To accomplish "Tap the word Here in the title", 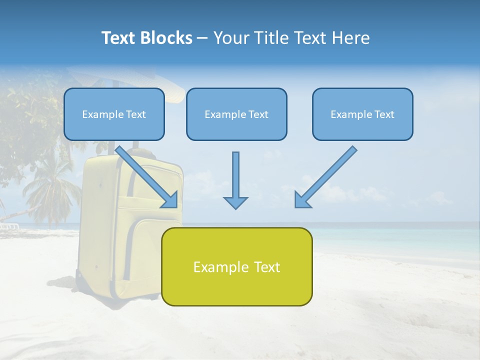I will [351, 38].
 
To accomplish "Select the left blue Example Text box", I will [114, 114].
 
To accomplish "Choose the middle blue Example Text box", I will [236, 114].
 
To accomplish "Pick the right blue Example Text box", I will [362, 114].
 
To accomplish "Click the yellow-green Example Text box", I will [236, 266].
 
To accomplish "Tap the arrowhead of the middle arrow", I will [235, 202].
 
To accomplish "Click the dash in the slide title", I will [202, 38].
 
